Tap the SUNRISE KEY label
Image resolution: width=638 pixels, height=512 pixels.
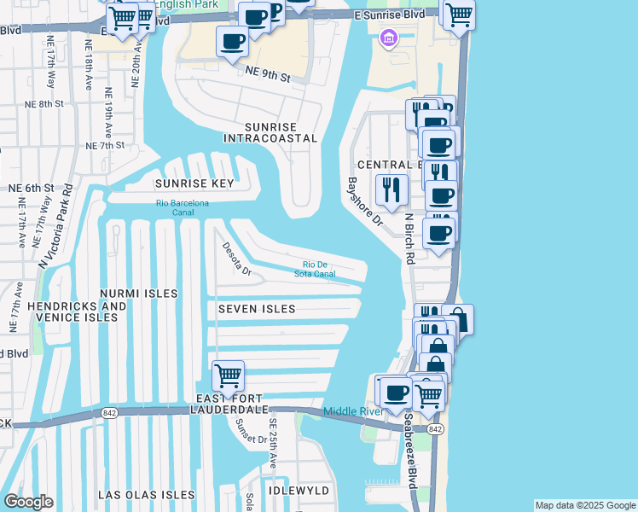pyautogui.click(x=194, y=183)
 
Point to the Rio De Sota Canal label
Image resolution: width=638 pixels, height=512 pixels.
pyautogui.click(x=320, y=269)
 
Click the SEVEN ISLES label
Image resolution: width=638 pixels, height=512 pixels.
pyautogui.click(x=256, y=309)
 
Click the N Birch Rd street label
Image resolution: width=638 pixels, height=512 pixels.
pyautogui.click(x=410, y=239)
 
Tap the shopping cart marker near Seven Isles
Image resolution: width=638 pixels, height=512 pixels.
pyautogui.click(x=228, y=375)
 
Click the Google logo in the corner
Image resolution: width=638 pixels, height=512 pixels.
pyautogui.click(x=28, y=502)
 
